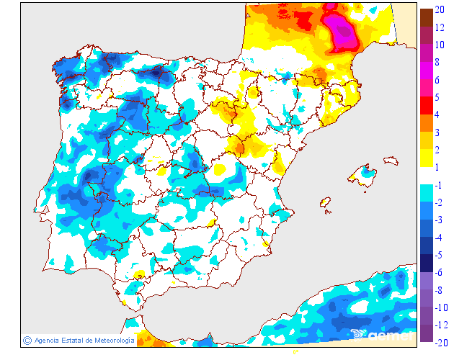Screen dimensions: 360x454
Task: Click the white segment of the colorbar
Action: pyautogui.click(x=427, y=176)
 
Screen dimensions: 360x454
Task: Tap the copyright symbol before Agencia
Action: pyautogui.click(x=27, y=341)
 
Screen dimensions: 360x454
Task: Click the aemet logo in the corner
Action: pyautogui.click(x=386, y=335)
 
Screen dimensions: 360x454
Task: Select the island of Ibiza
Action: pyautogui.click(x=325, y=204)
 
